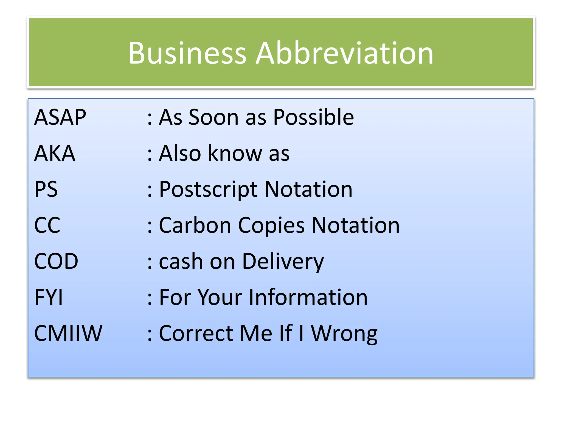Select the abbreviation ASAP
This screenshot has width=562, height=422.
pos(60,117)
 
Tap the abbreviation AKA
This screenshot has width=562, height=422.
pos(55,153)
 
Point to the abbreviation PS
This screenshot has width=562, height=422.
pos(46,189)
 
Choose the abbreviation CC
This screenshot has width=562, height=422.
pos(47,225)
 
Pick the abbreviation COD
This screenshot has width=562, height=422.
pos(56,261)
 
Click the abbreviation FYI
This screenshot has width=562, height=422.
pos(49,297)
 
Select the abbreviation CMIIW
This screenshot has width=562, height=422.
pos(68,333)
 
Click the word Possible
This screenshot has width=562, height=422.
pos(313,117)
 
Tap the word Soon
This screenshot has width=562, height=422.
pos(213,117)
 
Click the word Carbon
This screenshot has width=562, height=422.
pos(195,225)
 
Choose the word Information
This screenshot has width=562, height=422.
pos(308,297)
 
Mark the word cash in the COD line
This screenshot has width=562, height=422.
pos(181,261)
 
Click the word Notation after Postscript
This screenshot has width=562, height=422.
pos(308,189)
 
